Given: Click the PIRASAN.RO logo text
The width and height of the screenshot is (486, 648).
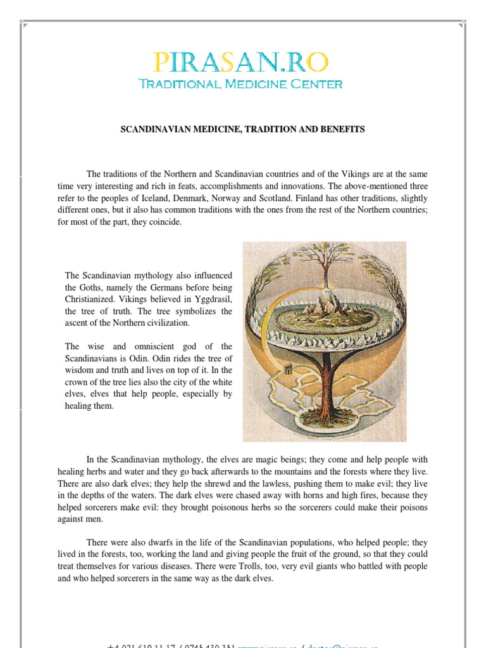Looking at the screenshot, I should (x=241, y=62).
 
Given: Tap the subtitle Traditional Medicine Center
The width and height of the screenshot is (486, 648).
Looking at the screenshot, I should (x=241, y=84).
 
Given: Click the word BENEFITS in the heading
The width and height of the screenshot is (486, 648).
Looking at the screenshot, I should (x=342, y=129).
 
